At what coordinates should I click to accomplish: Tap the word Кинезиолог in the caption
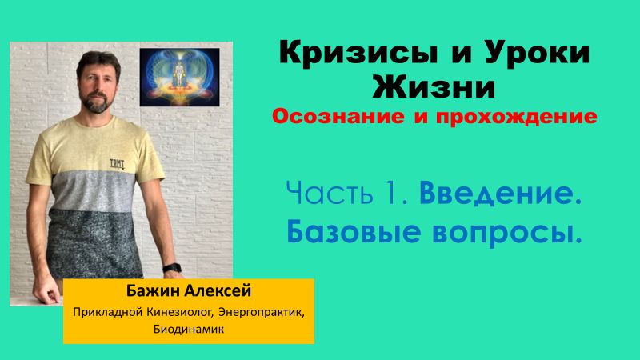[166, 311]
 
